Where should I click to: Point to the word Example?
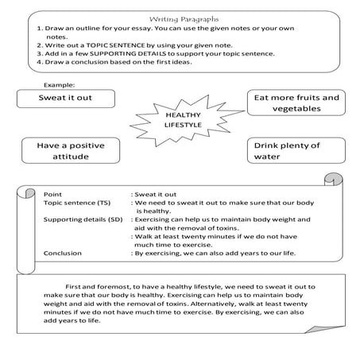point(60,83)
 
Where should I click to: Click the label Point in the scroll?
point(53,193)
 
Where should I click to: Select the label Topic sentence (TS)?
point(75,203)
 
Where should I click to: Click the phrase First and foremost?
point(95,284)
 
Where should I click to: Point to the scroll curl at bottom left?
point(25,262)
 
